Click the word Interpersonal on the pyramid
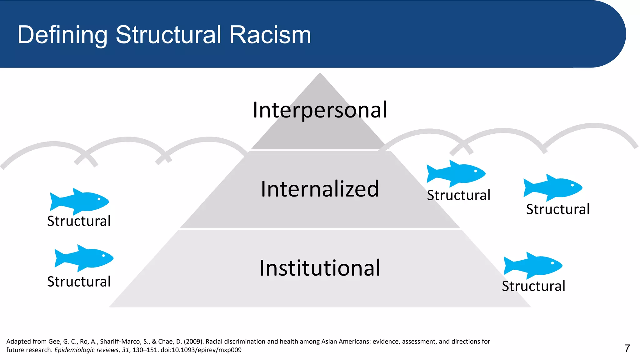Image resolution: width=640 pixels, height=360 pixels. [320, 110]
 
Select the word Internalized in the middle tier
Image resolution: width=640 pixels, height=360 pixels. [320, 189]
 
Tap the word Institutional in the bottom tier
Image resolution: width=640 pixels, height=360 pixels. [320, 268]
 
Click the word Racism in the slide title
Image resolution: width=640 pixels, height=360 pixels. [270, 35]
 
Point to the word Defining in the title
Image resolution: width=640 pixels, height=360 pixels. [62, 35]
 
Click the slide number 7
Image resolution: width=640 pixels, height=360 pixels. [627, 348]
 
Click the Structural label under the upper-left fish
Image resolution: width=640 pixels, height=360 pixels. [79, 221]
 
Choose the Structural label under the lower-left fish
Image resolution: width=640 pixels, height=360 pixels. [79, 282]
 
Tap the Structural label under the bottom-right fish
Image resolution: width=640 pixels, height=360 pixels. [533, 286]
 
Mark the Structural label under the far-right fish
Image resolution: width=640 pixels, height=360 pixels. [558, 209]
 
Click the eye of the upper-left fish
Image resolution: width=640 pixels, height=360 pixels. [99, 199]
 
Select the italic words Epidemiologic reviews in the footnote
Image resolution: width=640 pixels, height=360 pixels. [86, 350]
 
